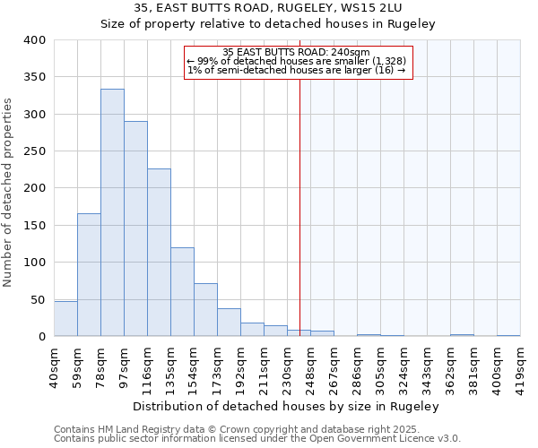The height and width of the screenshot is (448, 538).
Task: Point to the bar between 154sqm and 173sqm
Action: click(x=205, y=310)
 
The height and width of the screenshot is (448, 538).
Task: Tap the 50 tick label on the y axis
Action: click(x=38, y=299)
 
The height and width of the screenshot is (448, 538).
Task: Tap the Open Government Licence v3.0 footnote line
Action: click(x=257, y=439)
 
